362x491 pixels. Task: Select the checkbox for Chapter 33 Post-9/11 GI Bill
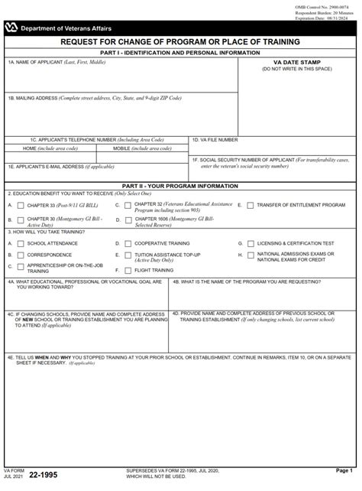coord(21,206)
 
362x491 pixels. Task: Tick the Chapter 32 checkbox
coord(128,206)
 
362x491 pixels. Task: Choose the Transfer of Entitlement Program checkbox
coord(250,206)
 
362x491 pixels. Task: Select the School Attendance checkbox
coord(21,243)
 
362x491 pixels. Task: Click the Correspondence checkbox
coord(21,255)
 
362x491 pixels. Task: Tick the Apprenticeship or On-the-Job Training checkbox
coord(21,267)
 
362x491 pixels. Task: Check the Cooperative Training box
coord(128,243)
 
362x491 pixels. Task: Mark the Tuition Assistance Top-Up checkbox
coord(128,255)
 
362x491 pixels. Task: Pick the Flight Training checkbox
coord(128,270)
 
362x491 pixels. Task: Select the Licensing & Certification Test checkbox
coord(250,243)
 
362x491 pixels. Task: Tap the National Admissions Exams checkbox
coord(250,255)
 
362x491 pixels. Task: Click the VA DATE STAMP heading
coord(297,63)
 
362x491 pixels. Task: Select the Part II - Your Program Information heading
coord(180,186)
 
